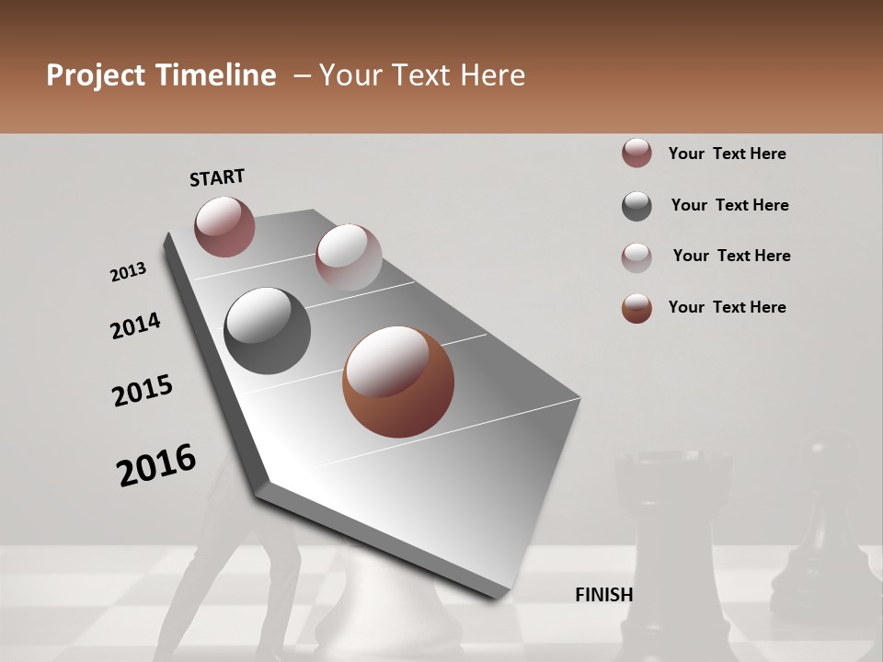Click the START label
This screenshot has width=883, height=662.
pos(217,177)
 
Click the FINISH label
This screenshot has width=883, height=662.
pos(603,595)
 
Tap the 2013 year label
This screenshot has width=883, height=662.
pos(128,272)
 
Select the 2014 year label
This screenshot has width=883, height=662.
pos(135,326)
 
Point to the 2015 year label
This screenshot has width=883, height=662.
pos(143,391)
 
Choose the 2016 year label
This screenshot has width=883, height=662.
pos(156,464)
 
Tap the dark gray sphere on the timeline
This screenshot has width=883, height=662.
pos(267,331)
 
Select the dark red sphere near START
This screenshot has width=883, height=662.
pos(224,226)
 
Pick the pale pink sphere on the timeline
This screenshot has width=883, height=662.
pos(349,257)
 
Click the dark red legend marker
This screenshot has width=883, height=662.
pos(636,154)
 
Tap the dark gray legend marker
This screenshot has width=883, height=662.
pos(636,206)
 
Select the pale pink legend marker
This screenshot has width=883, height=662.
pos(636,257)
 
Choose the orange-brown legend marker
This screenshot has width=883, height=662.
pos(636,308)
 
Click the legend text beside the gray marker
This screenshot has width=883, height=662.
pos(729,205)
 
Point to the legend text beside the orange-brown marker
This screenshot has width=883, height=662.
pos(727,307)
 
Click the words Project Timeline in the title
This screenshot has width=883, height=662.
pos(161,75)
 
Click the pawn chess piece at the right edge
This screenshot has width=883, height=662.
pos(819,533)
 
